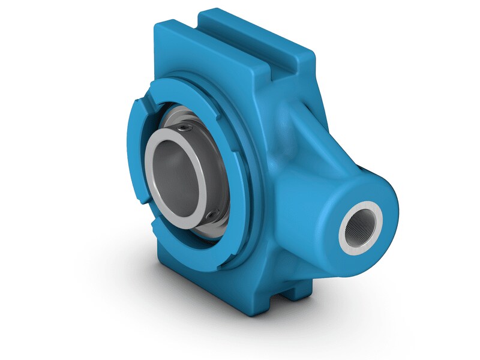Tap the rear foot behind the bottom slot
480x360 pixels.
300,292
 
